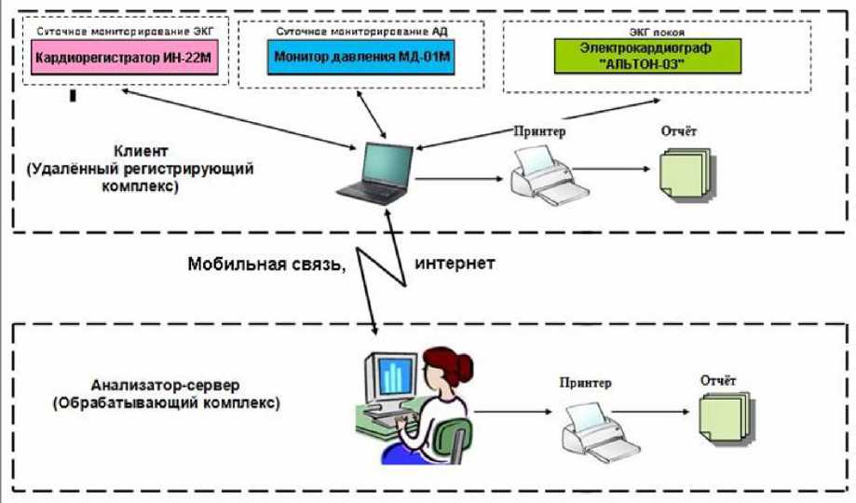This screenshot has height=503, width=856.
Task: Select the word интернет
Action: coord(455,264)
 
